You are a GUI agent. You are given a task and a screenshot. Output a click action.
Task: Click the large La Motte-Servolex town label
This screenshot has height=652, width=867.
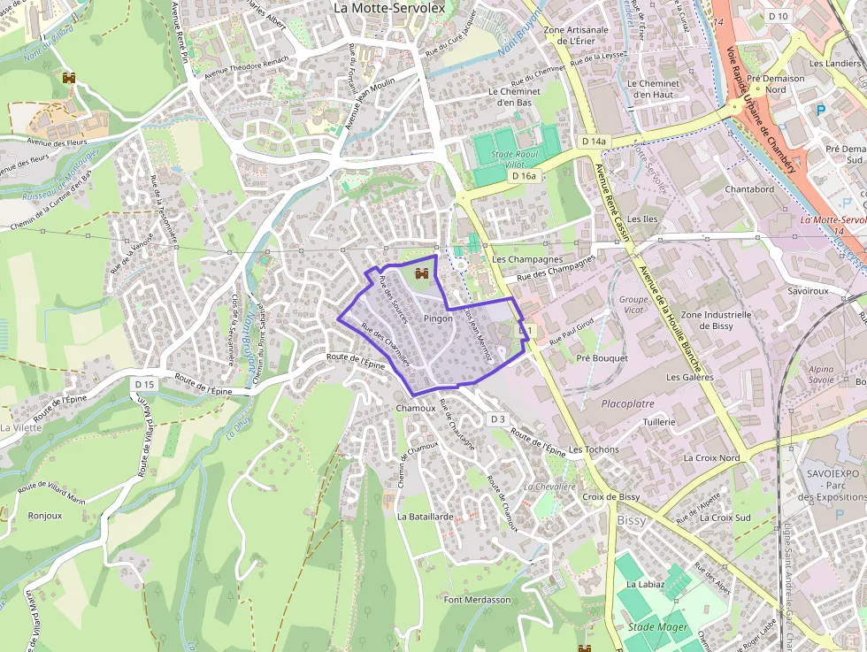[388, 7]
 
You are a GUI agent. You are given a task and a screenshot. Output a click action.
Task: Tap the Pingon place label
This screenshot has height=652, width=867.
[438, 318]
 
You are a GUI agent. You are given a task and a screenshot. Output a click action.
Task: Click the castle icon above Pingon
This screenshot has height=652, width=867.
[422, 273]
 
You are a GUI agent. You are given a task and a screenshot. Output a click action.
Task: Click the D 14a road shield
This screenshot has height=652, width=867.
[595, 142]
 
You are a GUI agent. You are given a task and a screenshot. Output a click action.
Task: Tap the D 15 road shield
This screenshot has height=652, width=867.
[145, 384]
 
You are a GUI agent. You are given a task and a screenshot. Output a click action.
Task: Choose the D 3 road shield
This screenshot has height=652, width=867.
[496, 419]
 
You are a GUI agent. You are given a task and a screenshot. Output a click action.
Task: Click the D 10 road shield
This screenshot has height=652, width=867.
[778, 16]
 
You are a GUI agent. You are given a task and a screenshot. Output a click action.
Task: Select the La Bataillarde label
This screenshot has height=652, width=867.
[426, 516]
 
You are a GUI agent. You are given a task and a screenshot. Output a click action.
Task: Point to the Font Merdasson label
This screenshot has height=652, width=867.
[478, 600]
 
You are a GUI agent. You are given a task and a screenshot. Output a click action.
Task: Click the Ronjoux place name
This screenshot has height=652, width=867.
[45, 515]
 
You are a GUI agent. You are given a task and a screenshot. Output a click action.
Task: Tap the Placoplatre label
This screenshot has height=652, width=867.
[627, 403]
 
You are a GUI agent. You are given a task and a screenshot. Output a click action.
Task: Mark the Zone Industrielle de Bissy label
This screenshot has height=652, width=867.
[716, 319]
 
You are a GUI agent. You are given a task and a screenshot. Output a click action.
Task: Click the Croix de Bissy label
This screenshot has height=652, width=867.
[610, 497]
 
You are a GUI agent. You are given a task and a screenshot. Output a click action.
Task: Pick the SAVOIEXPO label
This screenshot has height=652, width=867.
[833, 474]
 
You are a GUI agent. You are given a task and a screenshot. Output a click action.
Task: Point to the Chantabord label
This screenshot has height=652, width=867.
[749, 189]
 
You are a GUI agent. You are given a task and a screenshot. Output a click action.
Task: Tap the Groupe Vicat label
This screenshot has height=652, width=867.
[633, 305]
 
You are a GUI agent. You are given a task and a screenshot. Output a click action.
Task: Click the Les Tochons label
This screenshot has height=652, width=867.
[594, 449]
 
